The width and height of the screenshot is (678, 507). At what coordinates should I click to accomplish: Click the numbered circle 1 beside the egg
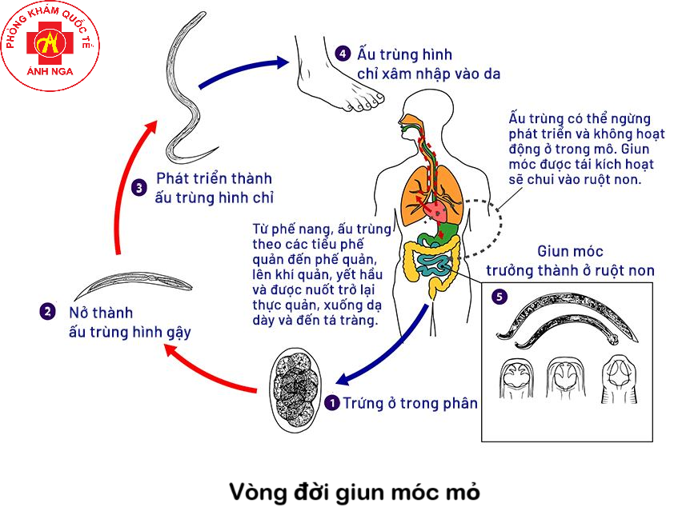[x=333, y=403]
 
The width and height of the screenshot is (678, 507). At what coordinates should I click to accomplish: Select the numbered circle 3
[x=139, y=188]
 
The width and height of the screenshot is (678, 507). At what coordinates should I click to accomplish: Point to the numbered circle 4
[x=343, y=54]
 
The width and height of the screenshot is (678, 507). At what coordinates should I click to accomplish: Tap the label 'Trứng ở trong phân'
[x=410, y=403]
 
